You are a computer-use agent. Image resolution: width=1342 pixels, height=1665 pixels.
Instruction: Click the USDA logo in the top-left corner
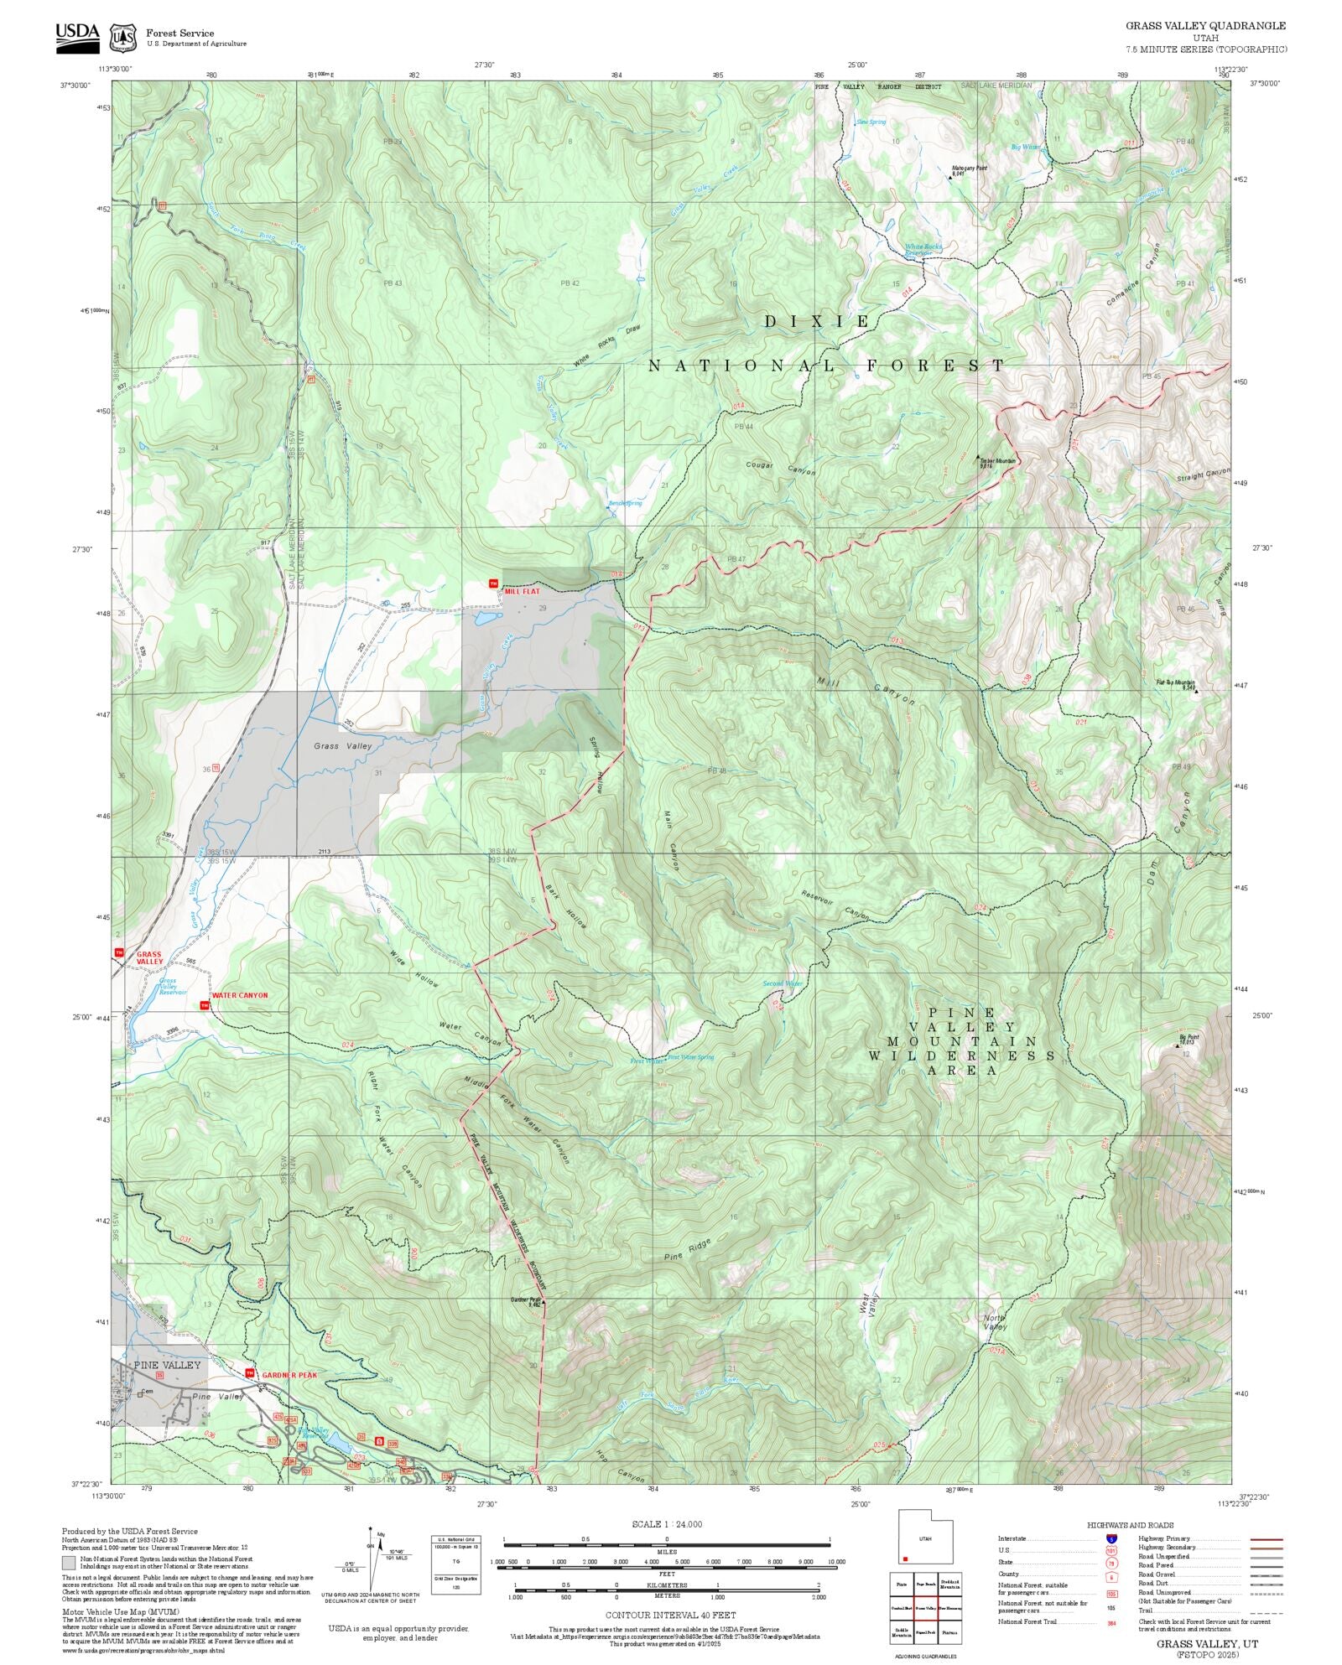click(77, 37)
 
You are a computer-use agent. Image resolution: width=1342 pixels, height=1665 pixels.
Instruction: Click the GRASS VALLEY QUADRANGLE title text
click(1205, 26)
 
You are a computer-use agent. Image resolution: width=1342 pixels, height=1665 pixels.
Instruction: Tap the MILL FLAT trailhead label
click(522, 591)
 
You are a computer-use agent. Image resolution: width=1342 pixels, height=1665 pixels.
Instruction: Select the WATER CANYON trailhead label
click(240, 995)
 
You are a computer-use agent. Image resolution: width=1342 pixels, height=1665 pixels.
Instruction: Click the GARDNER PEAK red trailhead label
click(289, 1375)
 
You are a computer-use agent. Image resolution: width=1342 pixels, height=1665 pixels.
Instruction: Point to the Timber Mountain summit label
click(997, 462)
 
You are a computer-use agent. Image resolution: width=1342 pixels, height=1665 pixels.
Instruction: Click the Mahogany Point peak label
click(968, 170)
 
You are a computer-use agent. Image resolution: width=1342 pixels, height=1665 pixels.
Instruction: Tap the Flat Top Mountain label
click(1175, 684)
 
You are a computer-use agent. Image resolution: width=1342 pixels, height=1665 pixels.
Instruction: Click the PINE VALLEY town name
click(168, 1364)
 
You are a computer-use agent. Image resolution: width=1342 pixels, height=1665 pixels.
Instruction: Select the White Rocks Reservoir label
click(923, 249)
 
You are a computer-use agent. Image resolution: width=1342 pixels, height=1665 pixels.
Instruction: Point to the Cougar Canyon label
click(780, 468)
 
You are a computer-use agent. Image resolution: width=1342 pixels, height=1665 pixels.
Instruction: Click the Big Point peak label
click(1189, 1038)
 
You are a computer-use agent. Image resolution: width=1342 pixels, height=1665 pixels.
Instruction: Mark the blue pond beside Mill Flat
click(485, 619)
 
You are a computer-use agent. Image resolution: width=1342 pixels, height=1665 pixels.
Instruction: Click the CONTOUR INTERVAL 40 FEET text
click(670, 1614)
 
